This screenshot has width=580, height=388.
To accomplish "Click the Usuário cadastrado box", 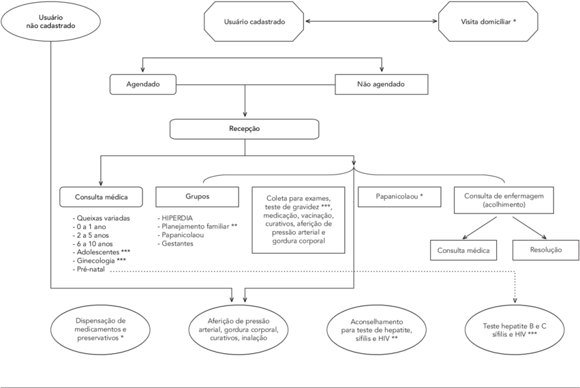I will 254,23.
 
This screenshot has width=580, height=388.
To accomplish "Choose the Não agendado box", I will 381,85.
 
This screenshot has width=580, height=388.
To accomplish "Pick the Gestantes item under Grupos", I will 179,244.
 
